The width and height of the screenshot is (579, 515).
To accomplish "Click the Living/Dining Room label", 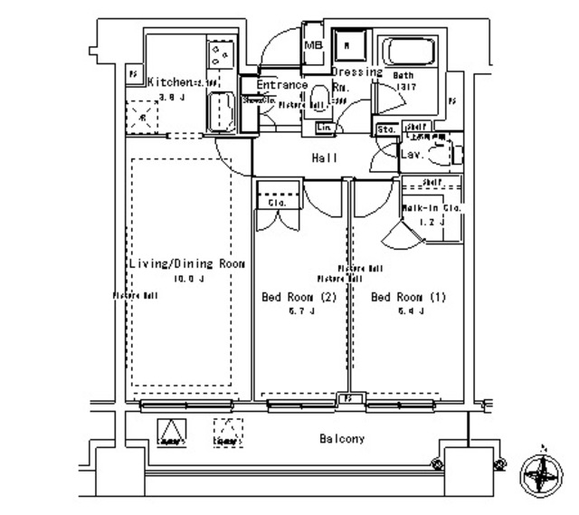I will pyautogui.click(x=186, y=263).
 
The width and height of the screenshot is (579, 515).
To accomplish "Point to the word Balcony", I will pyautogui.click(x=342, y=439).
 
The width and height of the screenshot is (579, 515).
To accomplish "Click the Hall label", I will pyautogui.click(x=325, y=158).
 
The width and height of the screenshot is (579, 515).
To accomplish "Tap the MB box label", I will pyautogui.click(x=313, y=45).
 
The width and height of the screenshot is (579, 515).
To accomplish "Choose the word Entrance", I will pyautogui.click(x=281, y=85).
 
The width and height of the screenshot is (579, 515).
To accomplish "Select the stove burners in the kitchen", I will pyautogui.click(x=220, y=55).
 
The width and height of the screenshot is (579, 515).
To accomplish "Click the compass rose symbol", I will pyautogui.click(x=542, y=472).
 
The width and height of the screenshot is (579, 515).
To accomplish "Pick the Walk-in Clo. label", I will pyautogui.click(x=432, y=208).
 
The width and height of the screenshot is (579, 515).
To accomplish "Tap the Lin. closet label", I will pyautogui.click(x=324, y=129).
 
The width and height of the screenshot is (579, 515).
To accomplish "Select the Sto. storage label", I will pyautogui.click(x=384, y=129).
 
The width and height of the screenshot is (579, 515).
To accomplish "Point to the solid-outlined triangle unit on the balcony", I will pyautogui.click(x=171, y=433).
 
